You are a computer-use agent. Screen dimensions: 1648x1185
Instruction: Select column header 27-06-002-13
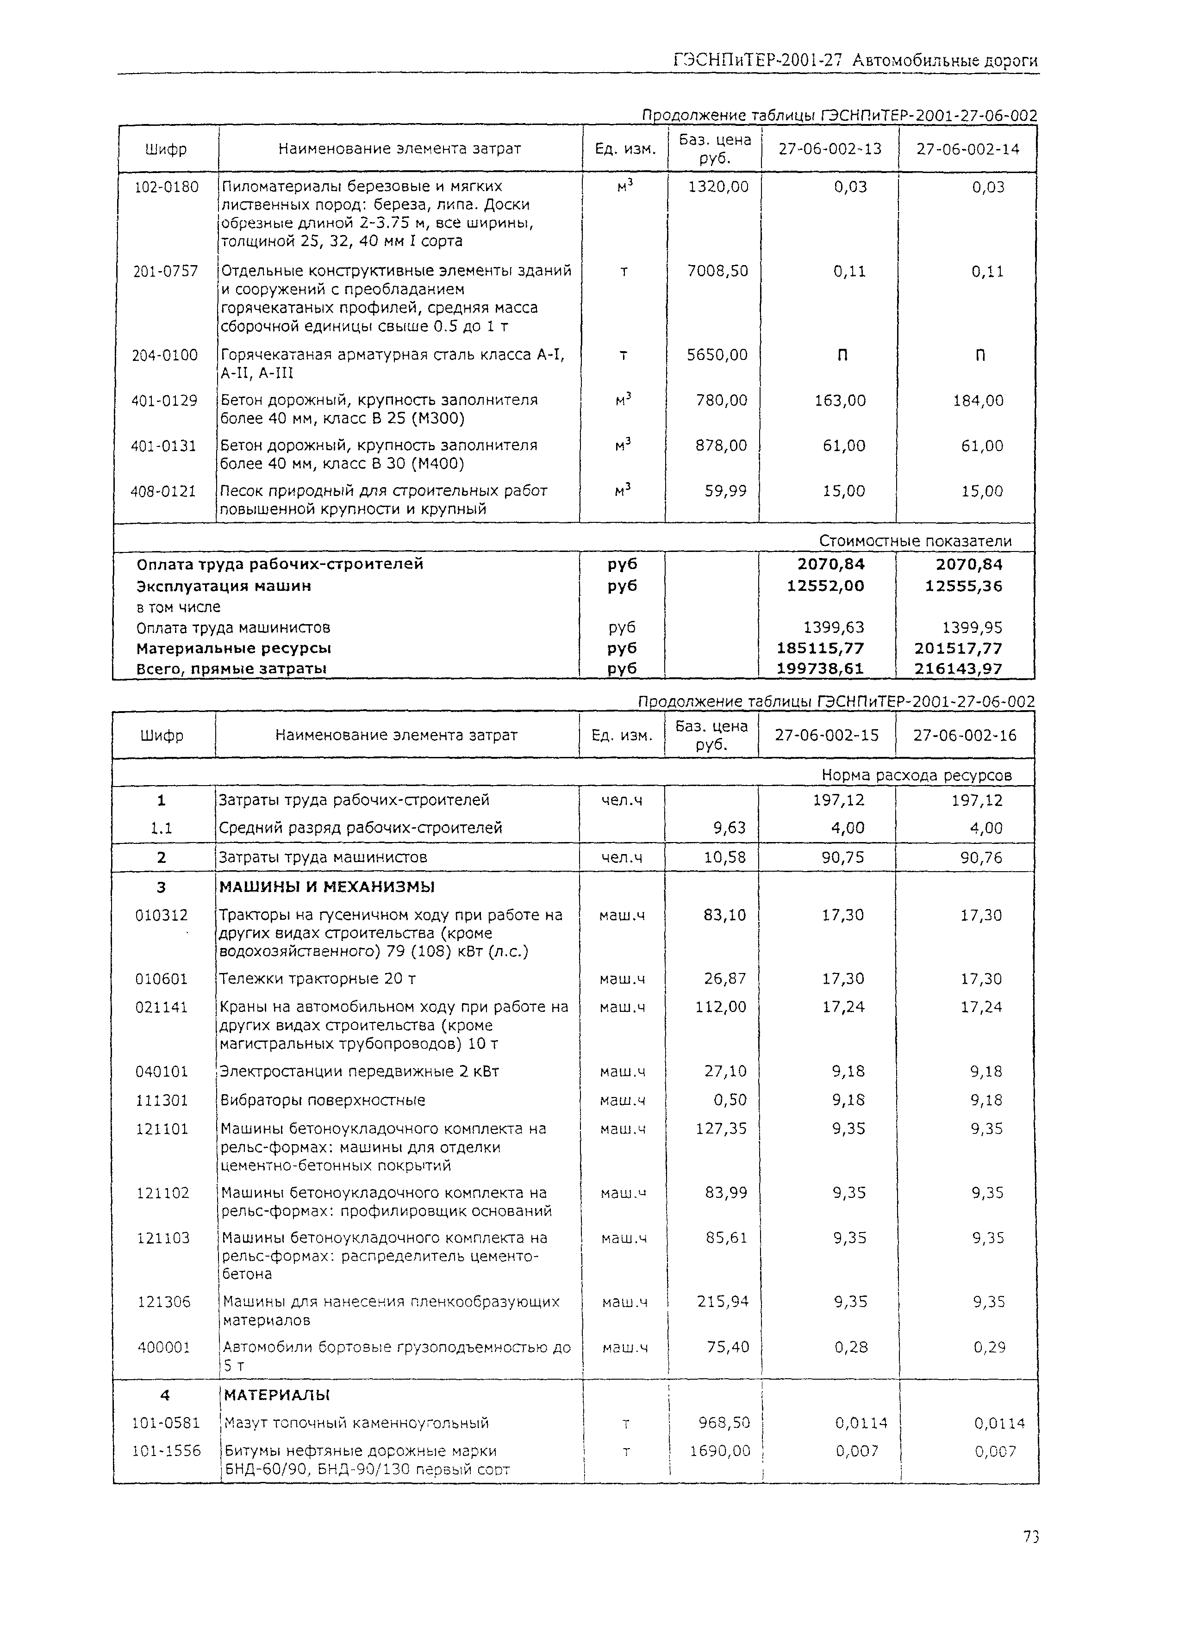[829, 149]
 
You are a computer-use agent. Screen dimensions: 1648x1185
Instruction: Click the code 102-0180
[167, 187]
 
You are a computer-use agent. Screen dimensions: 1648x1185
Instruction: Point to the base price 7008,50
[717, 271]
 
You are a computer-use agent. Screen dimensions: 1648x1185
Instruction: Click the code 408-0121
[163, 491]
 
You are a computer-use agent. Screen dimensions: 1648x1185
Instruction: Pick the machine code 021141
[162, 1007]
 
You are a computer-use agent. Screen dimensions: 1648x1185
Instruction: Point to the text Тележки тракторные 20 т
[318, 979]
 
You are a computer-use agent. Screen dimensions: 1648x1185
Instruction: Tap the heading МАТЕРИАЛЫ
[277, 1395]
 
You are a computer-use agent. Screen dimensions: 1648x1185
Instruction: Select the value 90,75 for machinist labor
[842, 857]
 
